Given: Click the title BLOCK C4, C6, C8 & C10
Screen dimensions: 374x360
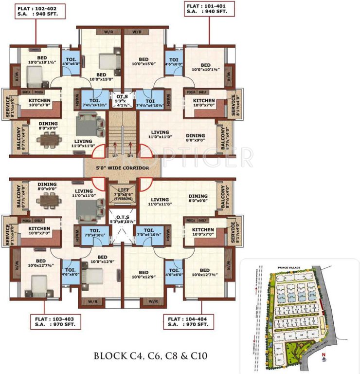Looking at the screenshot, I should pos(151,356).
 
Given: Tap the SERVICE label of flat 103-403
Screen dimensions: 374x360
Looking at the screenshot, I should pos(6,233).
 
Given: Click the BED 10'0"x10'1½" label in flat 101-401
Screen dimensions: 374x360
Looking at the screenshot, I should pos(206,67).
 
